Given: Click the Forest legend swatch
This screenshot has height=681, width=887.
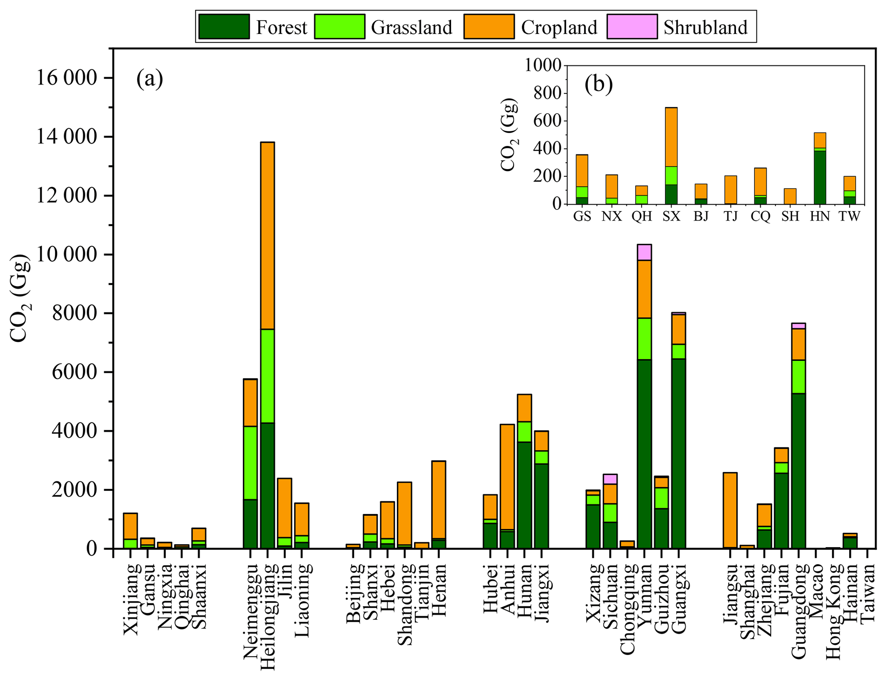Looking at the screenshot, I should (x=224, y=27).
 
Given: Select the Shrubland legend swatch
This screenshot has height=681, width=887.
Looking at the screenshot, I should (x=632, y=27).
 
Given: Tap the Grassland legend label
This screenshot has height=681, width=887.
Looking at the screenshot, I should (x=411, y=27).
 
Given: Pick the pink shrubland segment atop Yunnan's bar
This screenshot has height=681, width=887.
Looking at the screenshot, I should (x=644, y=252).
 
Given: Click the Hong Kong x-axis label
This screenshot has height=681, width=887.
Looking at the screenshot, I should (x=833, y=611).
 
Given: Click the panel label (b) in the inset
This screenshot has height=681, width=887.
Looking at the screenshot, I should (x=598, y=85).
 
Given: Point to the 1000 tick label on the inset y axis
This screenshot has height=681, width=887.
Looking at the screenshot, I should (x=543, y=66).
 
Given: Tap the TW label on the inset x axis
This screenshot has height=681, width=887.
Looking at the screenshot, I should (x=849, y=216).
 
